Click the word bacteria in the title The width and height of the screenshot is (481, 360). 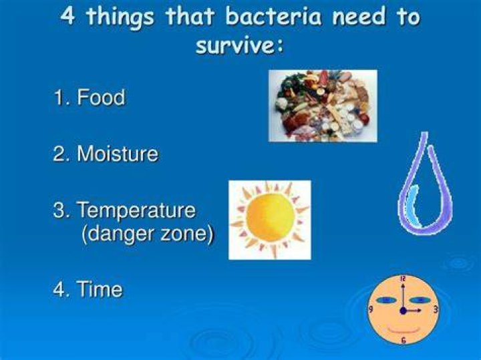click(x=273, y=16)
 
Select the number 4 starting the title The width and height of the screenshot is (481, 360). click(x=67, y=15)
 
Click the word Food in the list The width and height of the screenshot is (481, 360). click(x=101, y=98)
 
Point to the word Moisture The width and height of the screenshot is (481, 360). click(x=118, y=154)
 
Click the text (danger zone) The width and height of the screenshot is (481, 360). click(x=147, y=234)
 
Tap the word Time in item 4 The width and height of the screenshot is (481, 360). click(x=100, y=289)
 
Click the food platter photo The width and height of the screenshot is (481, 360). click(x=323, y=106)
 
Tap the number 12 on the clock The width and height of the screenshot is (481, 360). click(x=403, y=279)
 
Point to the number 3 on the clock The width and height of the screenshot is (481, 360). click(x=436, y=309)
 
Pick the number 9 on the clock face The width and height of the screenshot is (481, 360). click(x=371, y=309)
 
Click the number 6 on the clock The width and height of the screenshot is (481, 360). click(x=404, y=340)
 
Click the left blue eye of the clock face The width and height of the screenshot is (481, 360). click(x=387, y=300)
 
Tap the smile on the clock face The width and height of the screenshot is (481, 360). click(x=404, y=330)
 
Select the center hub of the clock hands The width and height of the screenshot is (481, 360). click(x=404, y=311)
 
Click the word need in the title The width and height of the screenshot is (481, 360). click(x=358, y=16)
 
